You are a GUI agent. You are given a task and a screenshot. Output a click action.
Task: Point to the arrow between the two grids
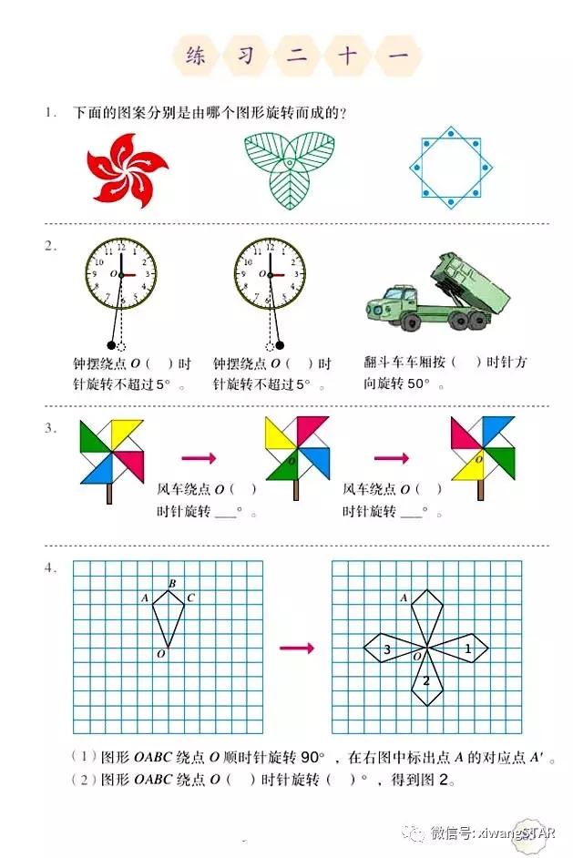click(x=296, y=648)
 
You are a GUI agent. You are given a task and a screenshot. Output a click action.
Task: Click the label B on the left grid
click(x=172, y=583)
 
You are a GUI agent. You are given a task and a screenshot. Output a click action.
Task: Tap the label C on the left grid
click(x=190, y=598)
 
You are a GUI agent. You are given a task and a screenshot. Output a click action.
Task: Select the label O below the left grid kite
click(x=160, y=654)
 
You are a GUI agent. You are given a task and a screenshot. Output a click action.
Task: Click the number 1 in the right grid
click(x=468, y=649)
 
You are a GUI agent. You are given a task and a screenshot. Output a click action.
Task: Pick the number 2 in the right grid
click(x=425, y=681)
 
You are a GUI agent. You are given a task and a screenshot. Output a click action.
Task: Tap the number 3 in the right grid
click(x=387, y=649)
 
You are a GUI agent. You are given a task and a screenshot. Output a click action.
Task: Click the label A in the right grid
click(x=404, y=598)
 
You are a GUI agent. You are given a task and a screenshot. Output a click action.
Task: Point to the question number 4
click(x=49, y=568)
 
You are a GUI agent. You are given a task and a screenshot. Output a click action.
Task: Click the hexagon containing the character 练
click(x=195, y=56)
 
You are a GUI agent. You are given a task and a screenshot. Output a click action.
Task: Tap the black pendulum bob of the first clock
click(x=112, y=345)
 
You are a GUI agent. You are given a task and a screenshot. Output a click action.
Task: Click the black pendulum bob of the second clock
click(x=280, y=345)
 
